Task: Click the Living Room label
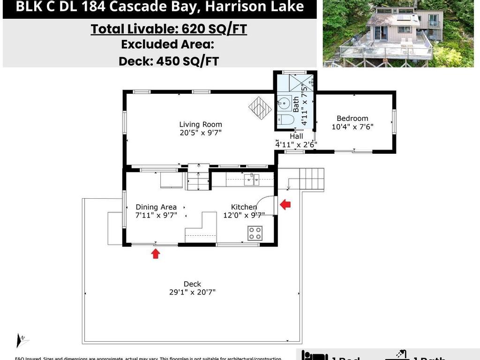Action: click(x=200, y=125)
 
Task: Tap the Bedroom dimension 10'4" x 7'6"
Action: click(x=352, y=127)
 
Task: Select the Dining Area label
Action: click(x=156, y=207)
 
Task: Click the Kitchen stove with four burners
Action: click(x=255, y=233)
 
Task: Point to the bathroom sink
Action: click(x=284, y=103)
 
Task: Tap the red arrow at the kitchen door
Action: click(x=285, y=204)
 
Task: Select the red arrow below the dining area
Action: click(x=156, y=254)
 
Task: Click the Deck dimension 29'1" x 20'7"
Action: click(x=192, y=292)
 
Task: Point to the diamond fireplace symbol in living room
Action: click(x=260, y=108)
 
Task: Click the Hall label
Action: click(x=296, y=136)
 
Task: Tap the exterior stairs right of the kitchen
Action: click(x=311, y=179)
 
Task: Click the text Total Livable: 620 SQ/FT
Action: click(x=169, y=29)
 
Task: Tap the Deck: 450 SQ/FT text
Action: click(x=169, y=61)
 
